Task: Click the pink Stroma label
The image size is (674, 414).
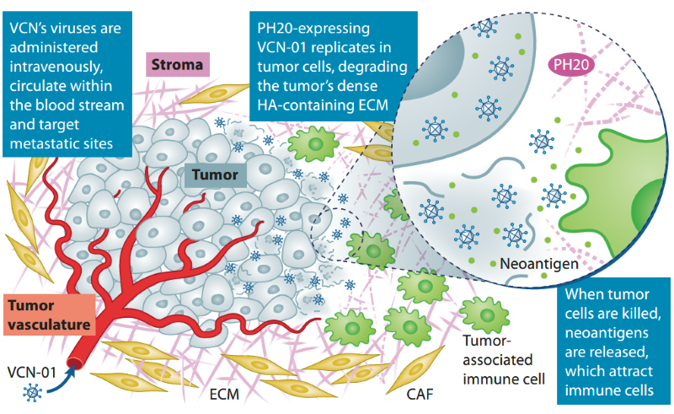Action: pyautogui.click(x=179, y=64)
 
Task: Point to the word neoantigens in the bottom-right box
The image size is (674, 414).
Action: pyautogui.click(x=609, y=332)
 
